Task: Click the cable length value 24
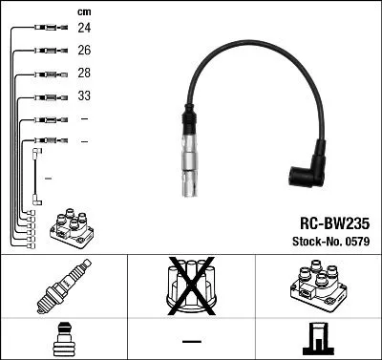click(x=84, y=29)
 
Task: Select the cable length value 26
click(x=84, y=51)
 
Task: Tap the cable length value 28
click(x=84, y=74)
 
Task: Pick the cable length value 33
click(x=84, y=96)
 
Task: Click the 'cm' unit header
click(x=83, y=11)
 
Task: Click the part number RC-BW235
click(x=328, y=220)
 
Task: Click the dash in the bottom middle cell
click(x=191, y=340)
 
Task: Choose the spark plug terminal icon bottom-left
click(x=63, y=338)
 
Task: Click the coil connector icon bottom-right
click(x=318, y=338)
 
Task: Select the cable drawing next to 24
click(x=47, y=29)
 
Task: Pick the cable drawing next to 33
click(x=47, y=96)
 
